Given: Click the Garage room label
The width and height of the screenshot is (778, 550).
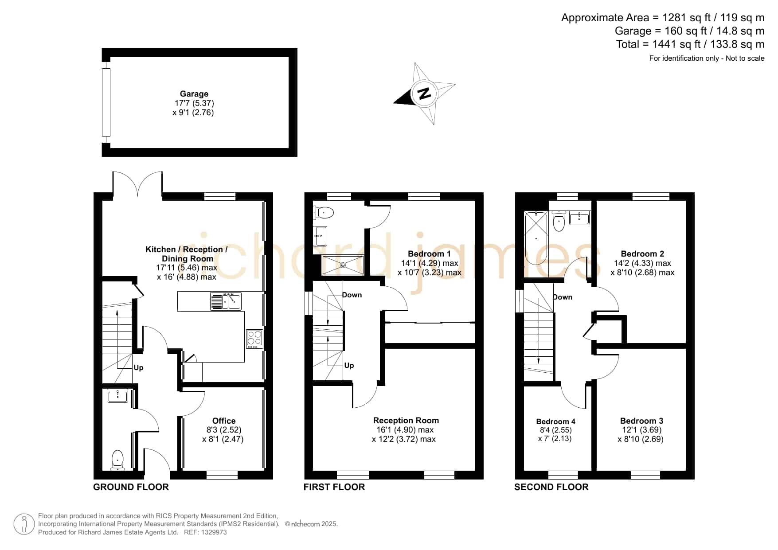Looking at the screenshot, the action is (194, 94).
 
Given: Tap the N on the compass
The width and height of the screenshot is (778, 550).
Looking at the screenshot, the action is (425, 94).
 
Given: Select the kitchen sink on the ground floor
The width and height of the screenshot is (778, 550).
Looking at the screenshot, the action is (226, 301).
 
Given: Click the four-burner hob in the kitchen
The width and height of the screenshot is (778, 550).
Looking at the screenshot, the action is (254, 339).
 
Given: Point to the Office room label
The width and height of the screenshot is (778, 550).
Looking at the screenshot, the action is (224, 421).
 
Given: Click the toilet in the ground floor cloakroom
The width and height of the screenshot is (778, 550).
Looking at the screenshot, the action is (117, 460).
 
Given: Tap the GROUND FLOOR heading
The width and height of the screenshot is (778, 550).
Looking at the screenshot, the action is (131, 487).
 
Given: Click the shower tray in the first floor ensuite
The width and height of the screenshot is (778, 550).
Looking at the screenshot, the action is (343, 265).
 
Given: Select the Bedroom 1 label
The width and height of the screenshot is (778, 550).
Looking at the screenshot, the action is (429, 254).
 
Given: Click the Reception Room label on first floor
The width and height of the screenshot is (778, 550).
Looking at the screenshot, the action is (406, 421).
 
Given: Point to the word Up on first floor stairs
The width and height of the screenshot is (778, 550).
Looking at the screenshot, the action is (349, 366).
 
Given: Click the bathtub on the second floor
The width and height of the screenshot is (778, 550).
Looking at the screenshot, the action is (536, 238).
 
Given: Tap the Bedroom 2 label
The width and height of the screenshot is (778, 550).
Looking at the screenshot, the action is (642, 254).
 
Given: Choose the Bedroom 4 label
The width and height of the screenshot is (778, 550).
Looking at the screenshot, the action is (555, 421).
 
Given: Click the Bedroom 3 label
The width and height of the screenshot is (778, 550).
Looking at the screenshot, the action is (641, 421).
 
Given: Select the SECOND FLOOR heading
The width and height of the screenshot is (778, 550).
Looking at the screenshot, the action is (551, 487).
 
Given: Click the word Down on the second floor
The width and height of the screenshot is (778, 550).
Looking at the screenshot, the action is (563, 297).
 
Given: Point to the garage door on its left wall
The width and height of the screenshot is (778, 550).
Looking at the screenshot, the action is (106, 102).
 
